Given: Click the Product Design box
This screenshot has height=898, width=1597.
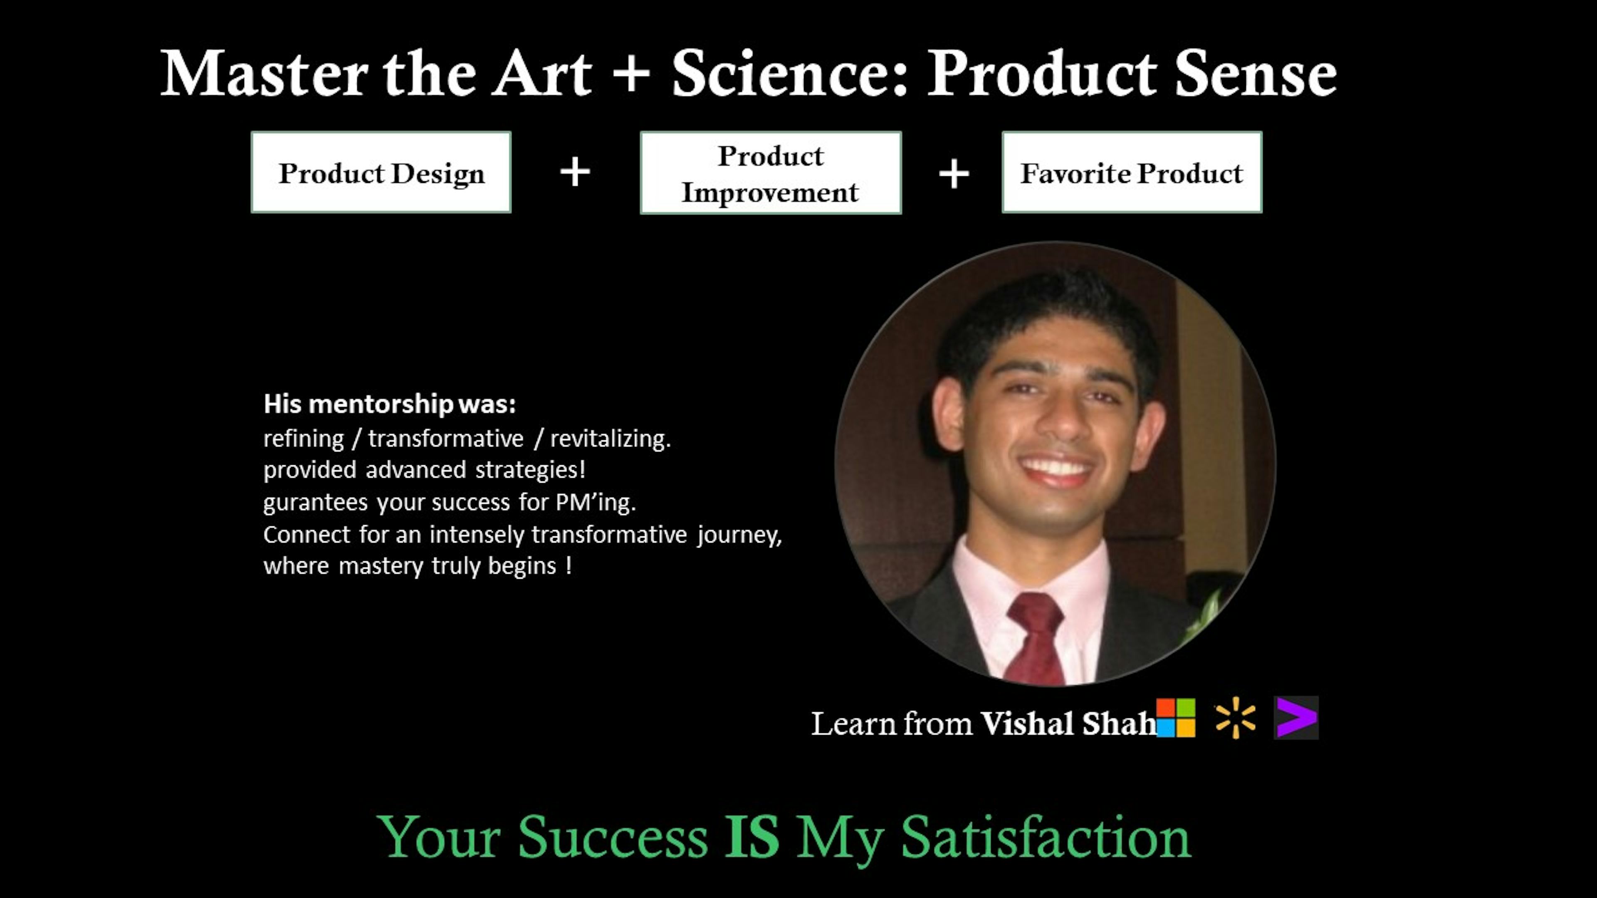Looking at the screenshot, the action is [381, 172].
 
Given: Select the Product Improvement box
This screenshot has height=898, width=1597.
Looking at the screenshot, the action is [771, 173].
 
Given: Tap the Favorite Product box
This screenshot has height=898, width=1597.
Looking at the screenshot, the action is [1131, 172].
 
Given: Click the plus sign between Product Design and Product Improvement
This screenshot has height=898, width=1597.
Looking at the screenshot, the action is [575, 172].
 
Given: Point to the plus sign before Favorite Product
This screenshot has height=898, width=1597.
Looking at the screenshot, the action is [954, 173].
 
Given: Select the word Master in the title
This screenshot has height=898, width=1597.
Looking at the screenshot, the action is [264, 74].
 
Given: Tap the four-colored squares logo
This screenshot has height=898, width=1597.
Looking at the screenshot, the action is [1175, 718].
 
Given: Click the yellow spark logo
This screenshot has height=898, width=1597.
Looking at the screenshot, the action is [1236, 718].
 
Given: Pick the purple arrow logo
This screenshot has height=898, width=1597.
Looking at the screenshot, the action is [1296, 718].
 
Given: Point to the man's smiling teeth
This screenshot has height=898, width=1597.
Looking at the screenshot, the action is [1056, 466].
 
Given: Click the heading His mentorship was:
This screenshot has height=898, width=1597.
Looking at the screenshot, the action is [389, 404].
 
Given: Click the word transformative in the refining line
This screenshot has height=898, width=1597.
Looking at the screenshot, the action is [446, 439].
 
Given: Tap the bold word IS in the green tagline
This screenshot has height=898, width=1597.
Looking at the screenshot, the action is [752, 836].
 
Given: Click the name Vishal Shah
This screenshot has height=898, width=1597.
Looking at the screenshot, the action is [1068, 723].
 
